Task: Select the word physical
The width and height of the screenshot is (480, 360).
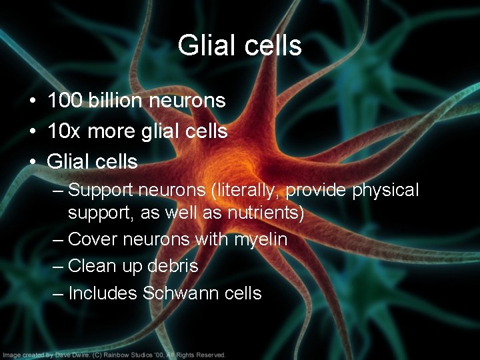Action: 385,191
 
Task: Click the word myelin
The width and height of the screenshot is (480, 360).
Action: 261,239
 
